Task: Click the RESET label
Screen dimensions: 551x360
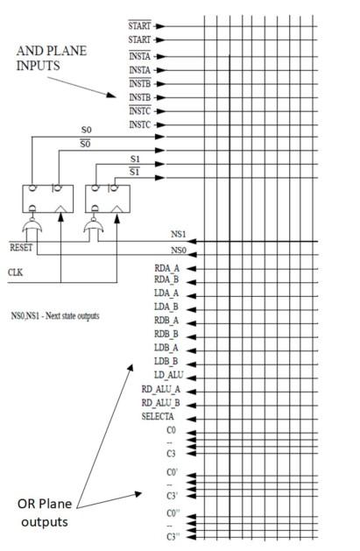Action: (x=20, y=247)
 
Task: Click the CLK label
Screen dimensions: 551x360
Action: (x=15, y=272)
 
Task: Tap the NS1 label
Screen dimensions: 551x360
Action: (x=179, y=236)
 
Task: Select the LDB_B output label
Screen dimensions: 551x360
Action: (x=166, y=362)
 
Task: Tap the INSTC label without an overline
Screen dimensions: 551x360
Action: (x=141, y=124)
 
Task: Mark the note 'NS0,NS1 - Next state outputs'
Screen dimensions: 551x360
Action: (x=53, y=314)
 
